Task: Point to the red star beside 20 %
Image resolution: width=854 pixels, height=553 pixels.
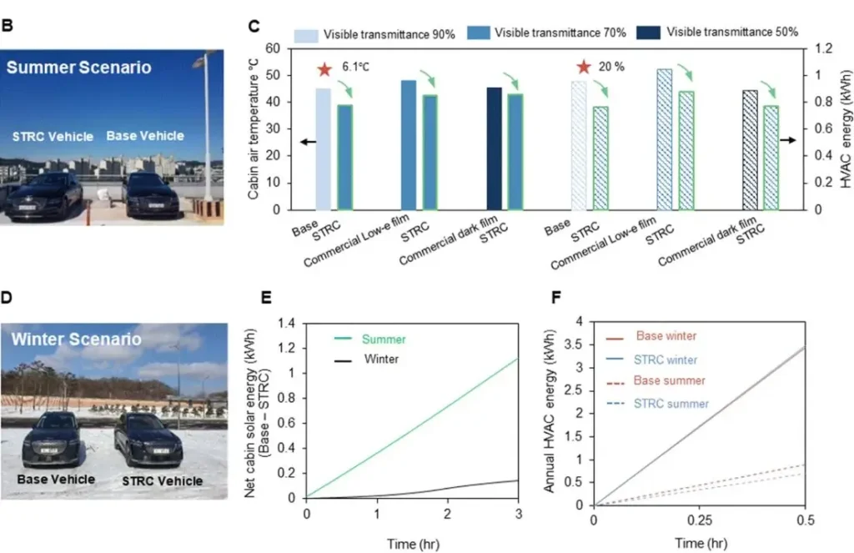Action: coord(584,68)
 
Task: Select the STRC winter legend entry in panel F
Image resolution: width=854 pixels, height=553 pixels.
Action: coord(671,360)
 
